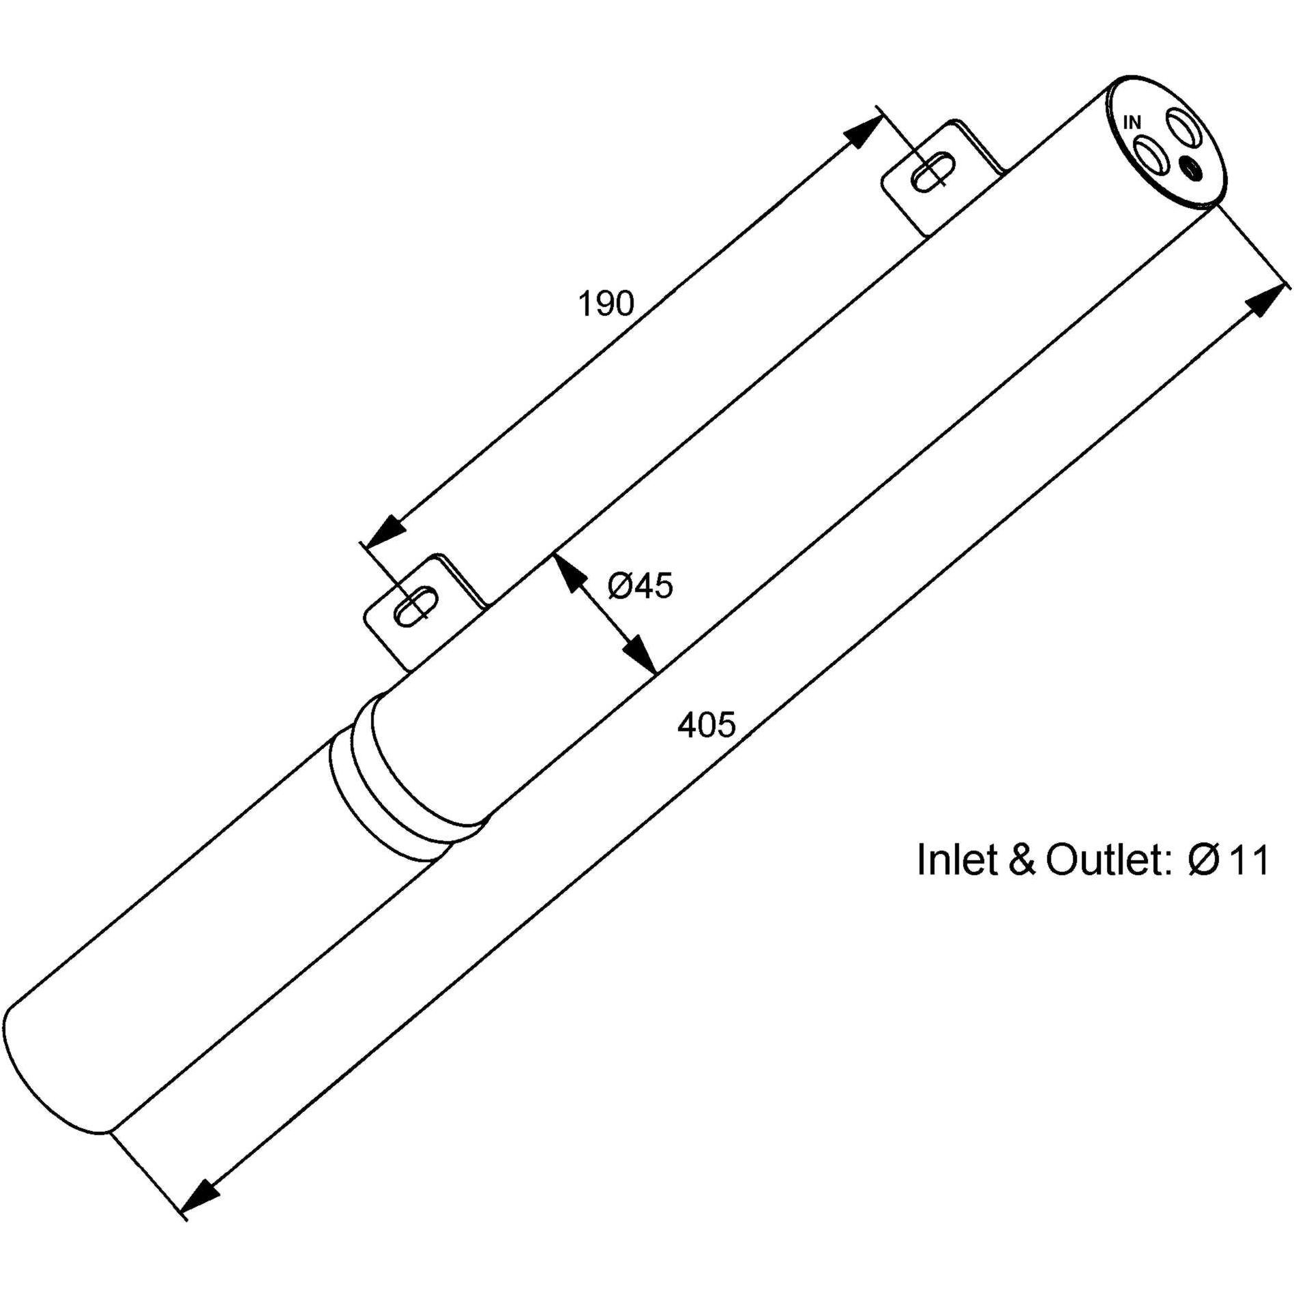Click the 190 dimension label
tap(606, 304)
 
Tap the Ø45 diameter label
tap(640, 586)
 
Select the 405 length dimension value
tap(707, 725)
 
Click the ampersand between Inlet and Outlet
tap(1022, 860)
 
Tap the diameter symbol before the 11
tap(1203, 860)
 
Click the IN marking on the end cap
tap(1132, 123)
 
